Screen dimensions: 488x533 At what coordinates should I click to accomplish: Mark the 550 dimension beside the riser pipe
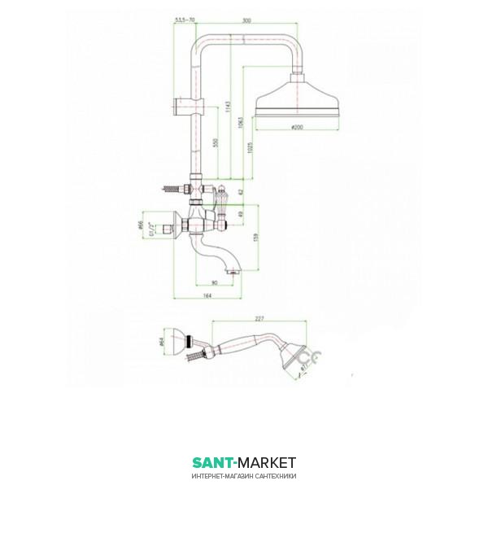(x=215, y=142)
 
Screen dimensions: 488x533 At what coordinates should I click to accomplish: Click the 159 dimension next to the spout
(x=258, y=238)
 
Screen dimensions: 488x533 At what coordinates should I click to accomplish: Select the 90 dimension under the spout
(x=214, y=282)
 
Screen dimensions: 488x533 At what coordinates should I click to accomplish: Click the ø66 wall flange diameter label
(x=141, y=225)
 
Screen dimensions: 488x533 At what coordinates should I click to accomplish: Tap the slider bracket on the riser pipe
(x=186, y=104)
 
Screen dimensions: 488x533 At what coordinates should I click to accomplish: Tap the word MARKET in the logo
(x=265, y=463)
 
